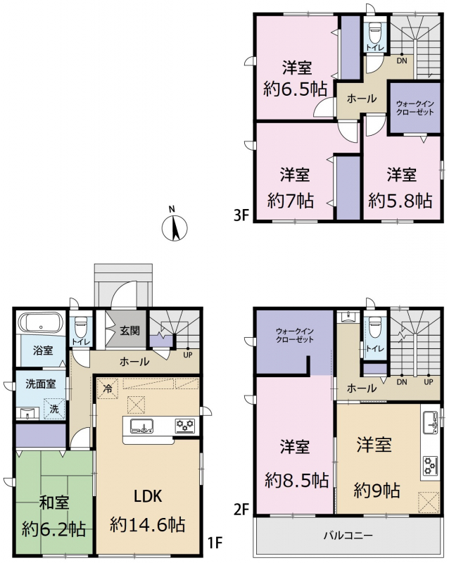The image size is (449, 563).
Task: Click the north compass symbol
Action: (175, 227)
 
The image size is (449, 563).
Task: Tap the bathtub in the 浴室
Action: (41, 323)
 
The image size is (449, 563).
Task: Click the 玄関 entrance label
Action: (129, 330)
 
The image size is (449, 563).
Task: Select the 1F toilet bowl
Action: (80, 327)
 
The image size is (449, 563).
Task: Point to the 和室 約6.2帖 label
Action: (53, 516)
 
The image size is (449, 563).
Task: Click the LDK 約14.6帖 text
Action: (148, 511)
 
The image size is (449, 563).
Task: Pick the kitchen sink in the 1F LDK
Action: (141, 426)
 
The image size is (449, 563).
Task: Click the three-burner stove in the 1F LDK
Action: (185, 426)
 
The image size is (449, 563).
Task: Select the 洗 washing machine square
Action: (54, 409)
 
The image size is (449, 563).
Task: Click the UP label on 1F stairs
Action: (188, 355)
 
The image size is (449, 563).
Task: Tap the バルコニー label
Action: (348, 536)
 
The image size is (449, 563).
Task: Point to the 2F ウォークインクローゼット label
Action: (295, 335)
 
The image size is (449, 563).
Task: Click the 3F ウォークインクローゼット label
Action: (415, 108)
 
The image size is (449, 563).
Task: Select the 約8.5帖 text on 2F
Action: (297, 480)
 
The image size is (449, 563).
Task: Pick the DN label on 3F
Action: (402, 61)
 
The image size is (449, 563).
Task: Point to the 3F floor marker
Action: (241, 216)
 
